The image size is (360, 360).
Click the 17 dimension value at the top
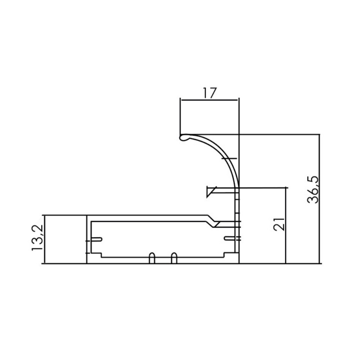coord(210,93)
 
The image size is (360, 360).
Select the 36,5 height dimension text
coord(313,189)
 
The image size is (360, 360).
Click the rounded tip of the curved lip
coord(183,138)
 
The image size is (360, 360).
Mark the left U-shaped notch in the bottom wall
coord(152,258)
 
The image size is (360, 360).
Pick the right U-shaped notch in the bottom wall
coord(174,258)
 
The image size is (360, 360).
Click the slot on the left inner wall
coord(96,239)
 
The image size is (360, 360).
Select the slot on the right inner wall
coord(229,238)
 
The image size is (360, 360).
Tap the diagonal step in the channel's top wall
coord(212,221)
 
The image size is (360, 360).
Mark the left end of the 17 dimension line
coord(180,100)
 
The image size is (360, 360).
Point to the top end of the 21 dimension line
coord(286,187)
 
